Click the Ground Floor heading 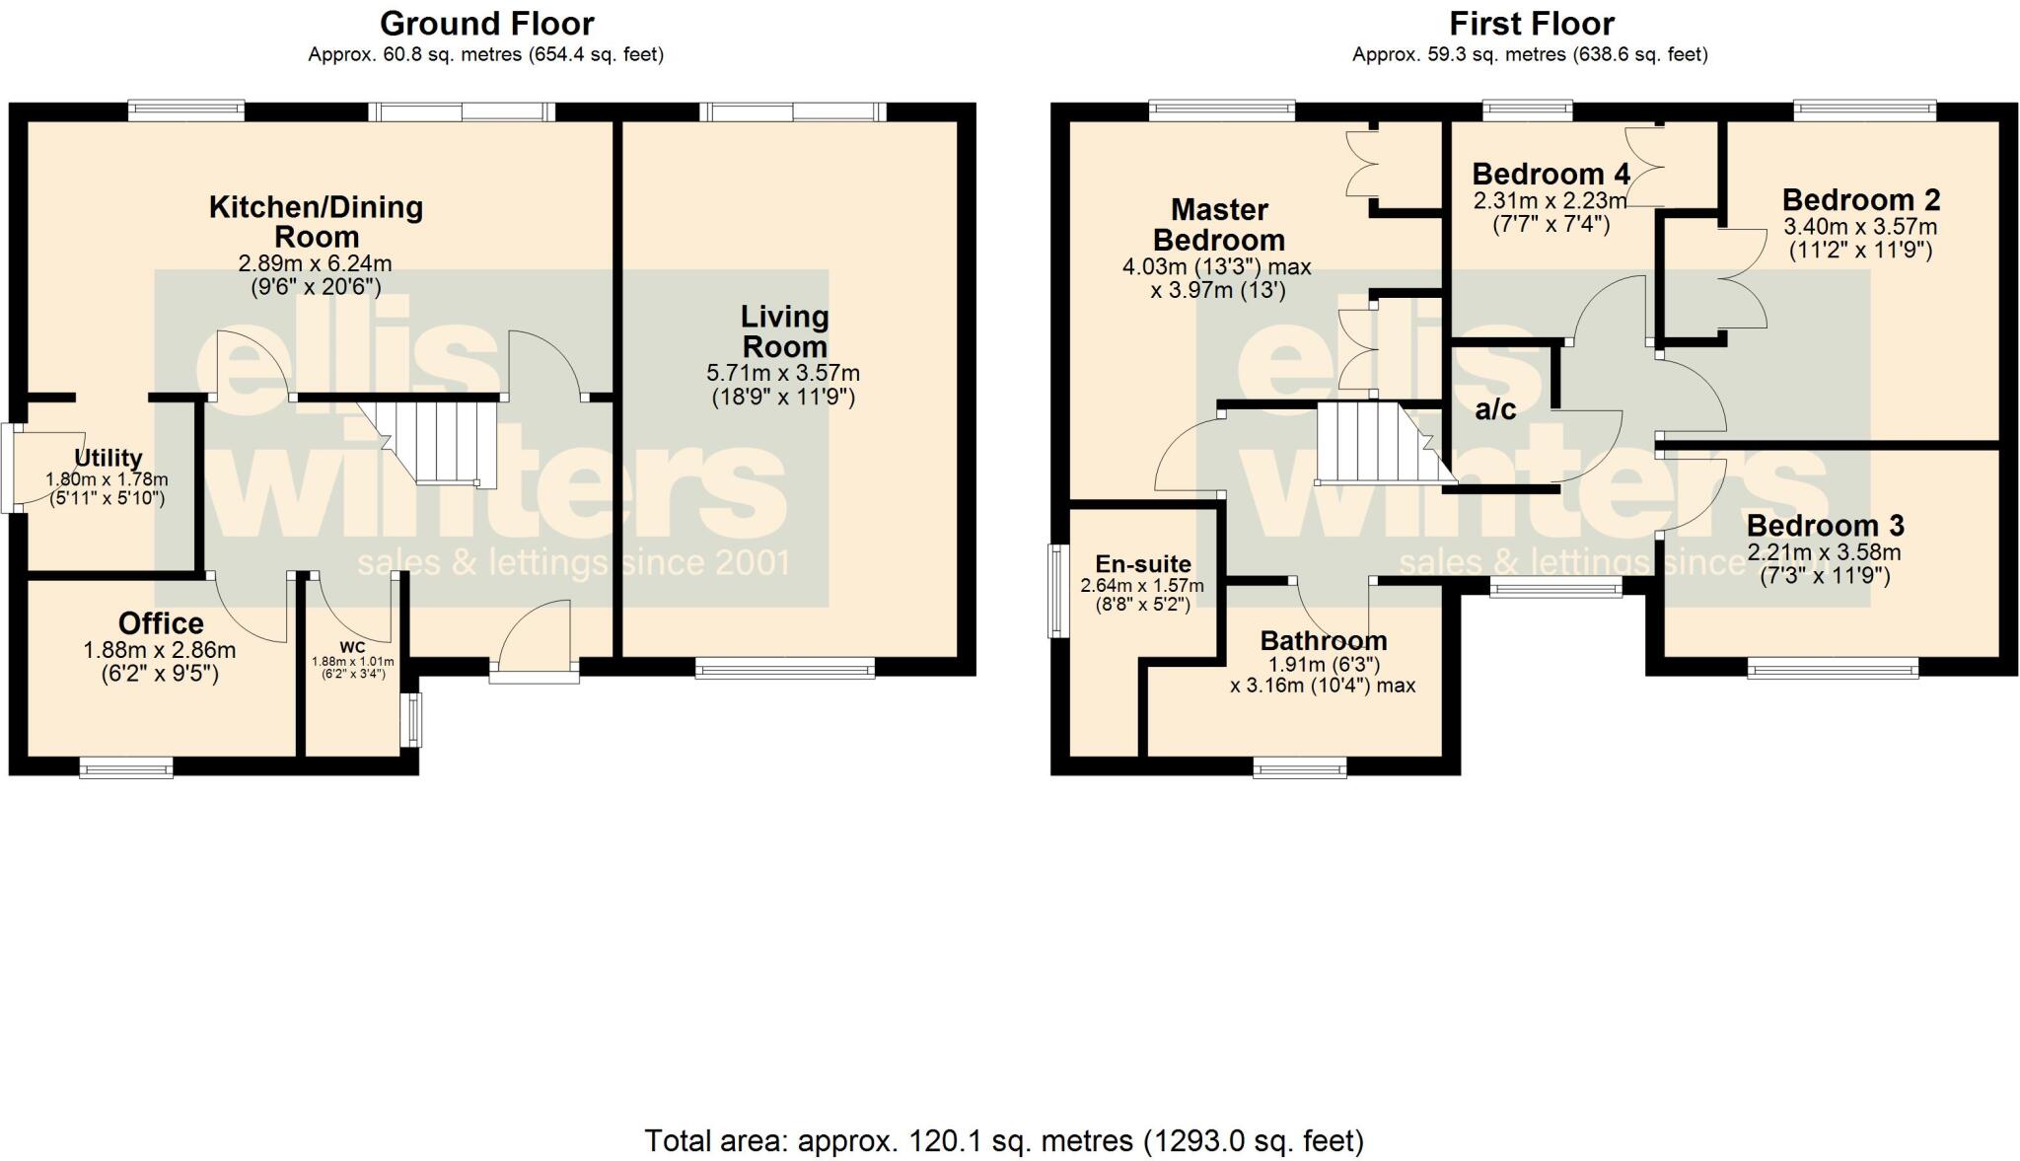(486, 24)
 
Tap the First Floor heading (1532, 24)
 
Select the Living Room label (784, 331)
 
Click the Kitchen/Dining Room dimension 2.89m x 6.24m (315, 264)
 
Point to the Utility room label (108, 458)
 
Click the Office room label (161, 623)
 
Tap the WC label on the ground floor (352, 647)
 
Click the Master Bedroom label (1219, 225)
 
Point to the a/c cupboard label (1495, 409)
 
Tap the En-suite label (1143, 564)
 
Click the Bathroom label (1324, 640)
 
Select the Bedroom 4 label (1550, 175)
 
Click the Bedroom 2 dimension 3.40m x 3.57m (1860, 227)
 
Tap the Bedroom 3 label (1825, 526)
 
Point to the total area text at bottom (1004, 1141)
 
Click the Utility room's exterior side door (10, 468)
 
